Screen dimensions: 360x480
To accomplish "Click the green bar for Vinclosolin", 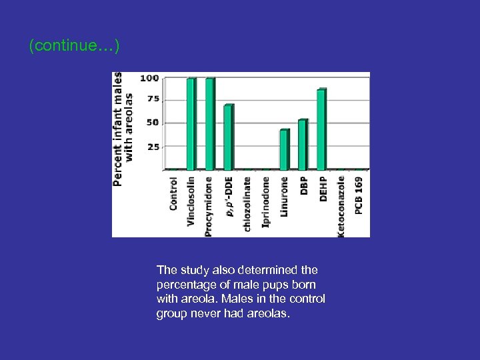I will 191,124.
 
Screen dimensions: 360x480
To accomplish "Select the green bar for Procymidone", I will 210,124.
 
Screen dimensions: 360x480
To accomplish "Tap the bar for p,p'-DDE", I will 229,137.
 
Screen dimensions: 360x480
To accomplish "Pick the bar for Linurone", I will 285,149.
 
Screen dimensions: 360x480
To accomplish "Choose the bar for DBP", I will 303,145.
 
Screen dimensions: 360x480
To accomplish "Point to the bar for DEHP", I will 321,129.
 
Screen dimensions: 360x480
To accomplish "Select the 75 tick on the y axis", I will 153,99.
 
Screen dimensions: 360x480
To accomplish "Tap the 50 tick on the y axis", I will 153,123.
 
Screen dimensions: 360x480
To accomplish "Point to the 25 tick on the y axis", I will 153,147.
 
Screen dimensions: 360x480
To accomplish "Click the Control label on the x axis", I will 173,193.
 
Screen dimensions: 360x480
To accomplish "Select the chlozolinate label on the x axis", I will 247,203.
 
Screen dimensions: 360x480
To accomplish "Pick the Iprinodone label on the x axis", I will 266,201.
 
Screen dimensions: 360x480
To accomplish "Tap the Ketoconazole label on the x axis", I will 341,206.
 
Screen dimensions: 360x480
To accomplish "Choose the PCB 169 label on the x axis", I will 359,195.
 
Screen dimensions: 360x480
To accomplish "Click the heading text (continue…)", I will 74,46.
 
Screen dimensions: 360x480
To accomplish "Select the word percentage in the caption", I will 188,285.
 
